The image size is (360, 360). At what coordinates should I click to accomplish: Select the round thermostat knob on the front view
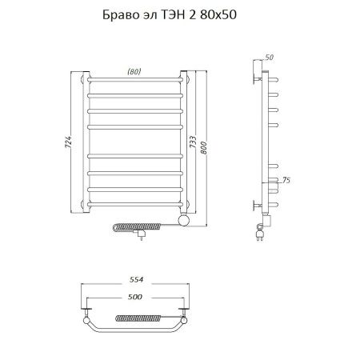(183, 219)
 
